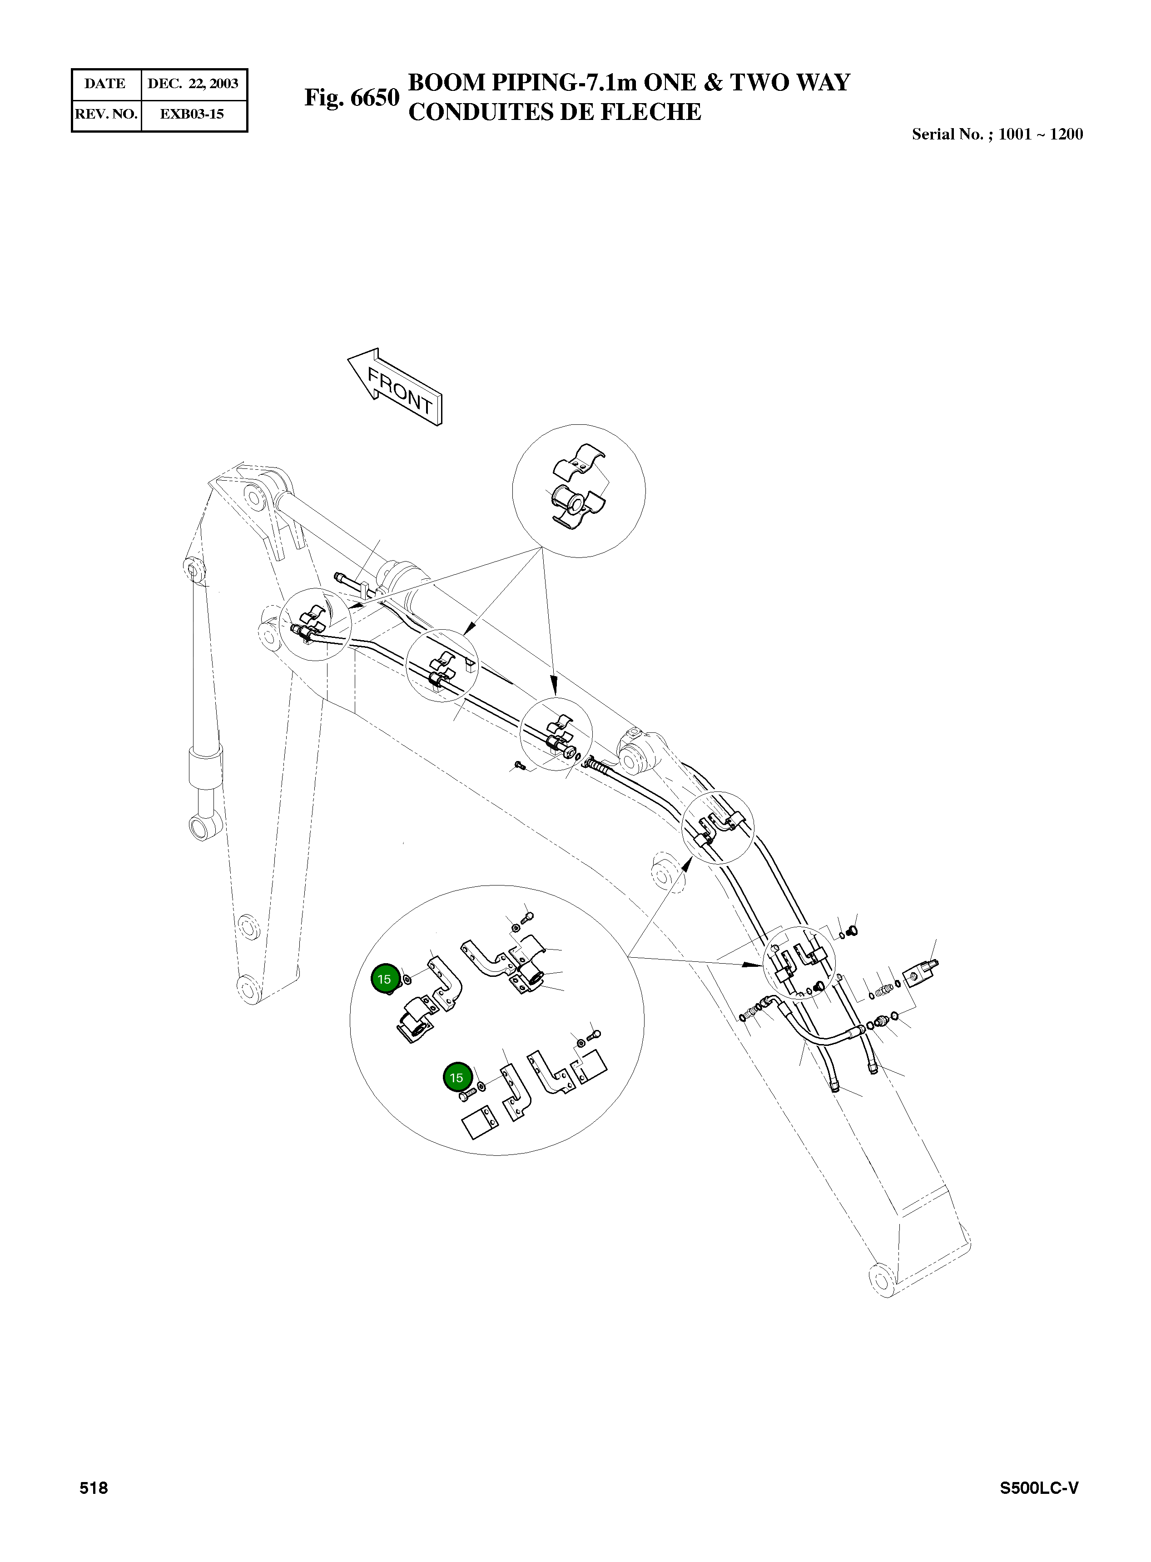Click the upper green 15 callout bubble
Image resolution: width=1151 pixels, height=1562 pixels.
pyautogui.click(x=384, y=979)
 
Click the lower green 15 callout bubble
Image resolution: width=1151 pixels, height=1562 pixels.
pyautogui.click(x=456, y=1078)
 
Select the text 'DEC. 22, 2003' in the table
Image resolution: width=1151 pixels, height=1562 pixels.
pyautogui.click(x=193, y=84)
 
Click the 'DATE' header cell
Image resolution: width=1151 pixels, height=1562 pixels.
pyautogui.click(x=105, y=84)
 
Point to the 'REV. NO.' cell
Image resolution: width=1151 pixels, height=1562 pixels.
pyautogui.click(x=106, y=114)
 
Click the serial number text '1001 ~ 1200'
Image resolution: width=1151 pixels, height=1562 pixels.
pyautogui.click(x=1040, y=134)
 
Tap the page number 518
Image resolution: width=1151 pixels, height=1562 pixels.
pyautogui.click(x=94, y=1488)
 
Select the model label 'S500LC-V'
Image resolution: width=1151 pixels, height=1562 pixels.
pyautogui.click(x=1039, y=1488)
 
